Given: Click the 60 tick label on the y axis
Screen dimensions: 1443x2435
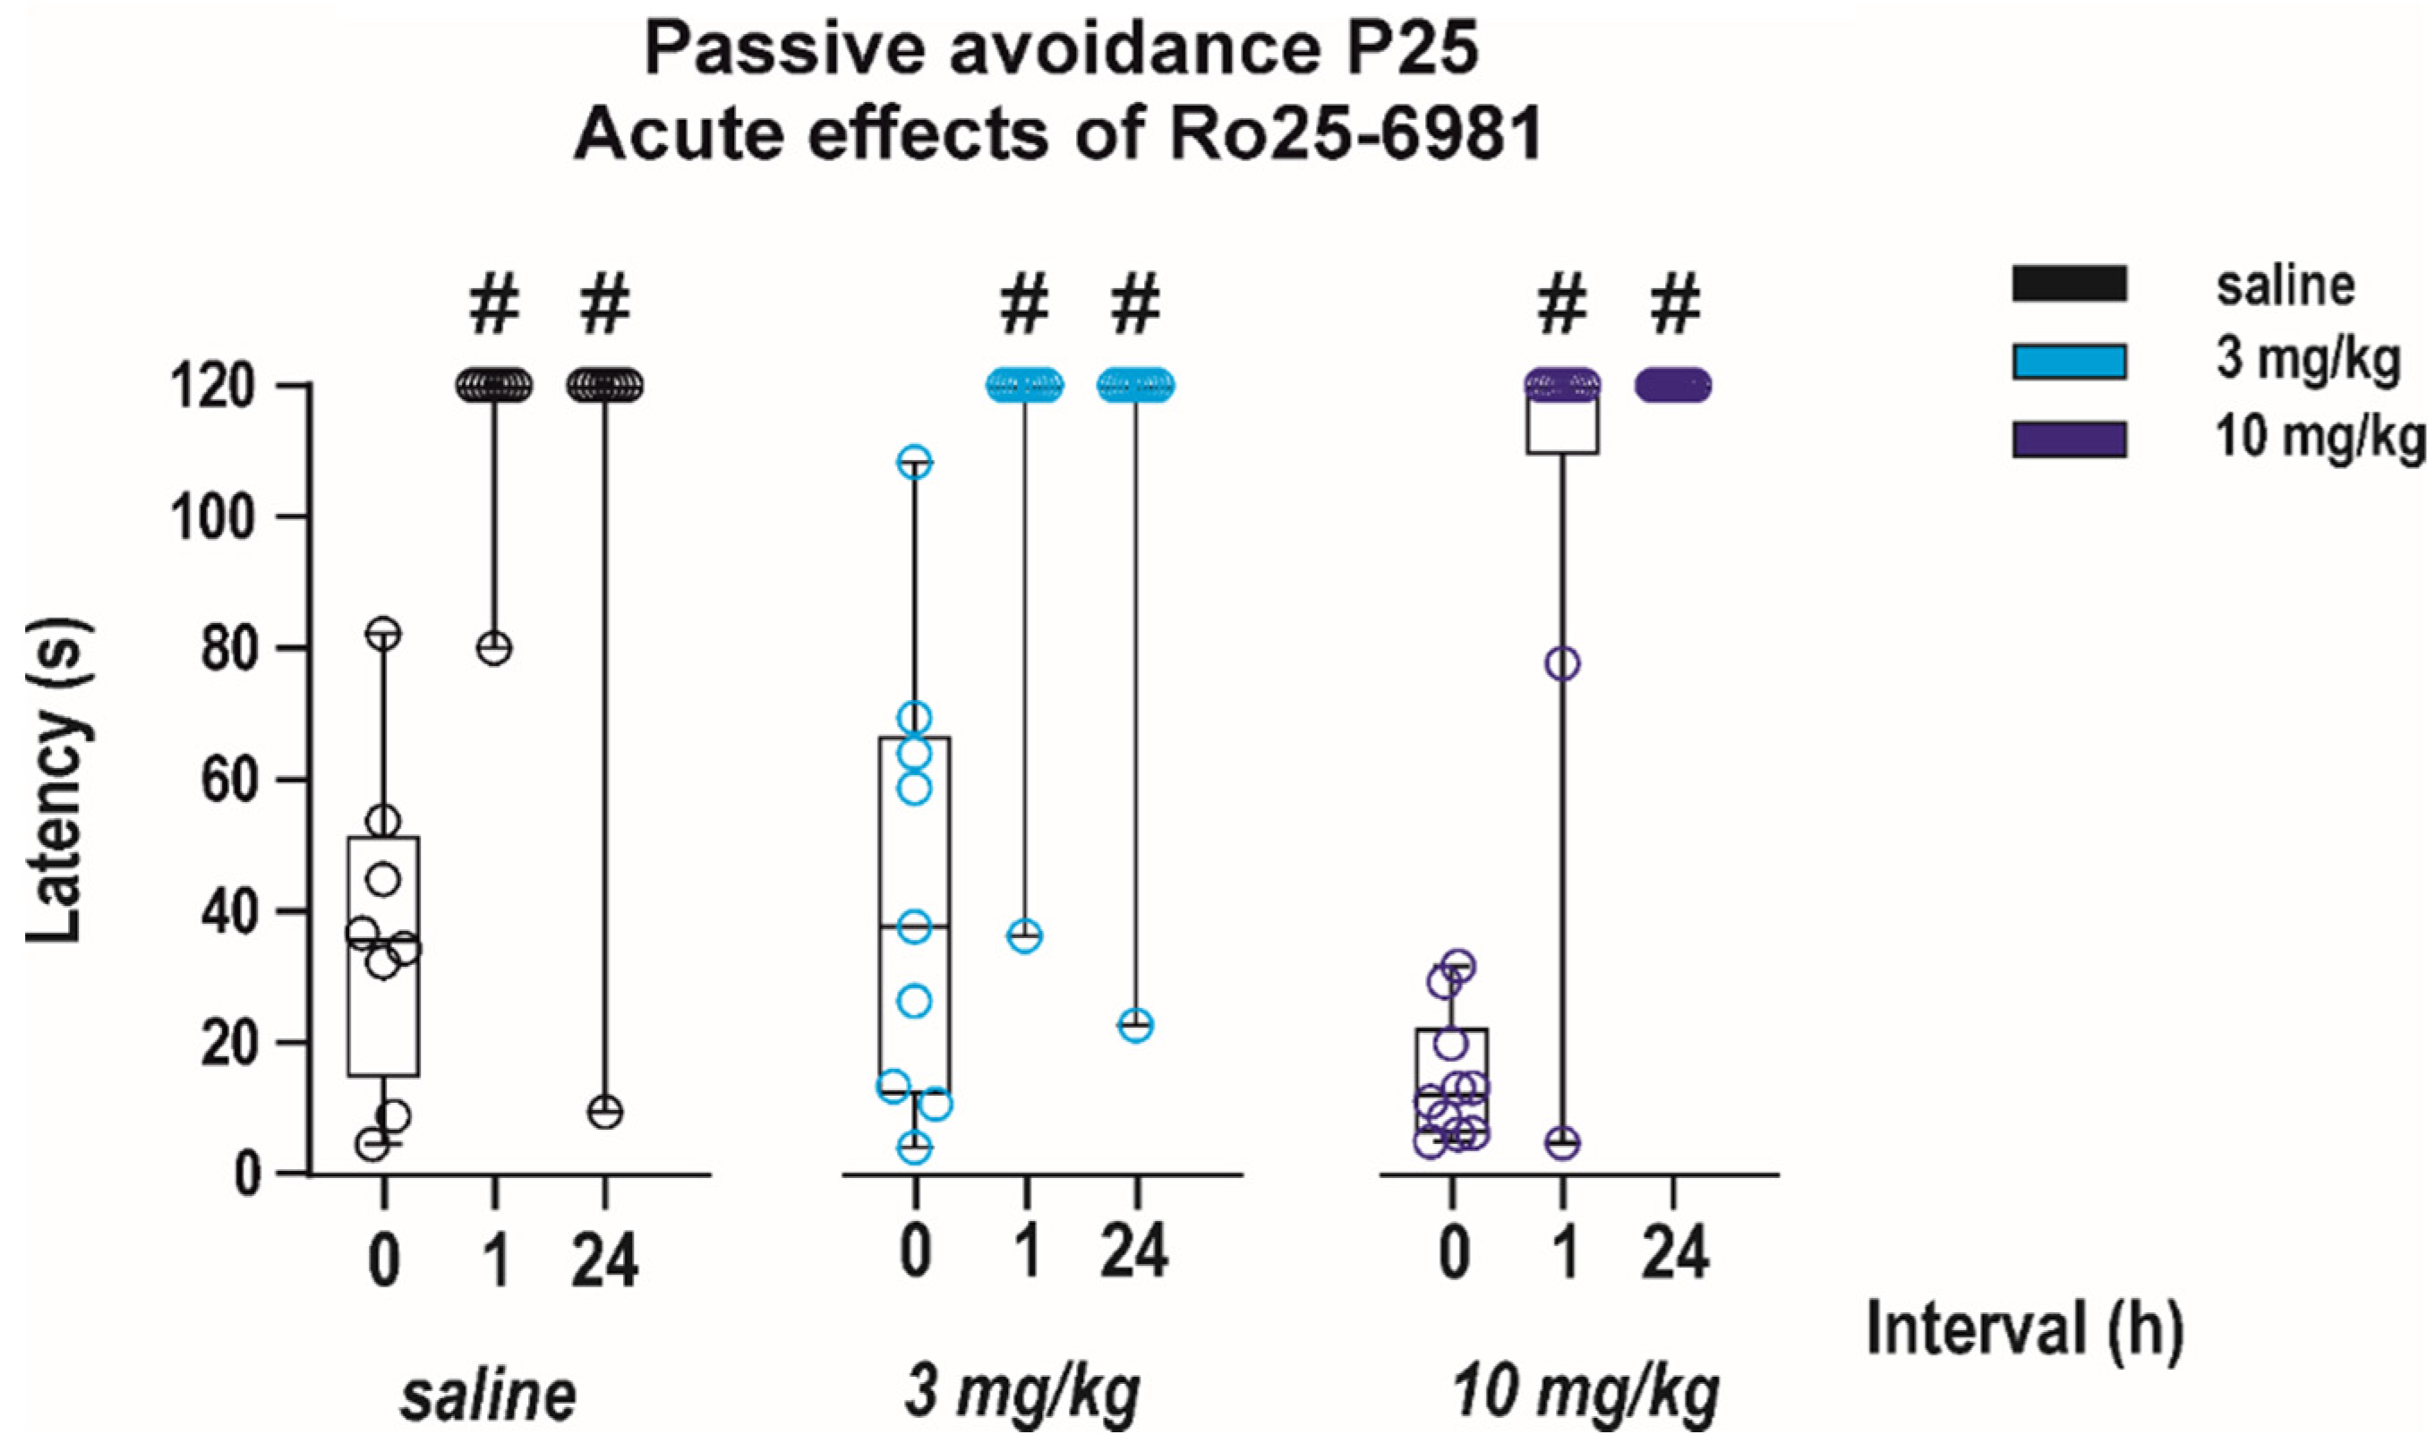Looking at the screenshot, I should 232,780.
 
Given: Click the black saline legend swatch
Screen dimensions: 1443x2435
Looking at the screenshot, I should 2068,284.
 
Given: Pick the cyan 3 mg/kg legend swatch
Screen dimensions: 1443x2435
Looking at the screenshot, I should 2068,361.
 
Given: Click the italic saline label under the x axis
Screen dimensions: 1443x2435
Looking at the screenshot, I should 488,1396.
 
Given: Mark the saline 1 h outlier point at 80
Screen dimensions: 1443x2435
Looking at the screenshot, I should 494,649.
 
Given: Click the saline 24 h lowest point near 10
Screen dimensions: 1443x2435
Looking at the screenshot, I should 605,1112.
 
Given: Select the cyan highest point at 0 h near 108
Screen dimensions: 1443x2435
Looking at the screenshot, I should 914,463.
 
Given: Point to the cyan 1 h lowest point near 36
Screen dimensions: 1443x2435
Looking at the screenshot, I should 1025,936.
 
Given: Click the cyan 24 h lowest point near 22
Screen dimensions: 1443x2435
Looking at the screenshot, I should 1135,1025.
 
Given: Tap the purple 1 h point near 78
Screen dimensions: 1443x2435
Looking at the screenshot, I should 1562,664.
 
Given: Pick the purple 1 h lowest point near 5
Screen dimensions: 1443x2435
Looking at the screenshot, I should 1562,1142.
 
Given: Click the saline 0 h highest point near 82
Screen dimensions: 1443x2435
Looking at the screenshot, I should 384,634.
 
